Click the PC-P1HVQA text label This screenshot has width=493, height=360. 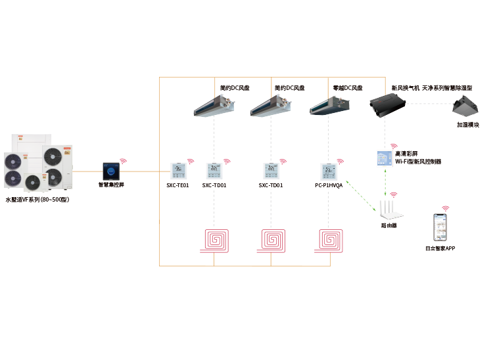coord(329,186)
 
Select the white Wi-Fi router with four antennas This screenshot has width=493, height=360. coord(391,209)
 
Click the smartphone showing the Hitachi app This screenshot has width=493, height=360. coord(441,228)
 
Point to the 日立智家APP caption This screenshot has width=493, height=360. coord(440,249)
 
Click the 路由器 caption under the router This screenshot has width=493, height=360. coord(390,225)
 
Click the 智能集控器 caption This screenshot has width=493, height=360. coord(112,185)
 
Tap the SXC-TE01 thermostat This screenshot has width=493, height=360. coord(178,171)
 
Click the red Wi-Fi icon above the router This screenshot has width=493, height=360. coord(394,194)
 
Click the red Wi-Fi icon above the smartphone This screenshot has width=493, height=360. coord(445,208)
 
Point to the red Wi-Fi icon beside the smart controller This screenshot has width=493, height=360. coord(124,160)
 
